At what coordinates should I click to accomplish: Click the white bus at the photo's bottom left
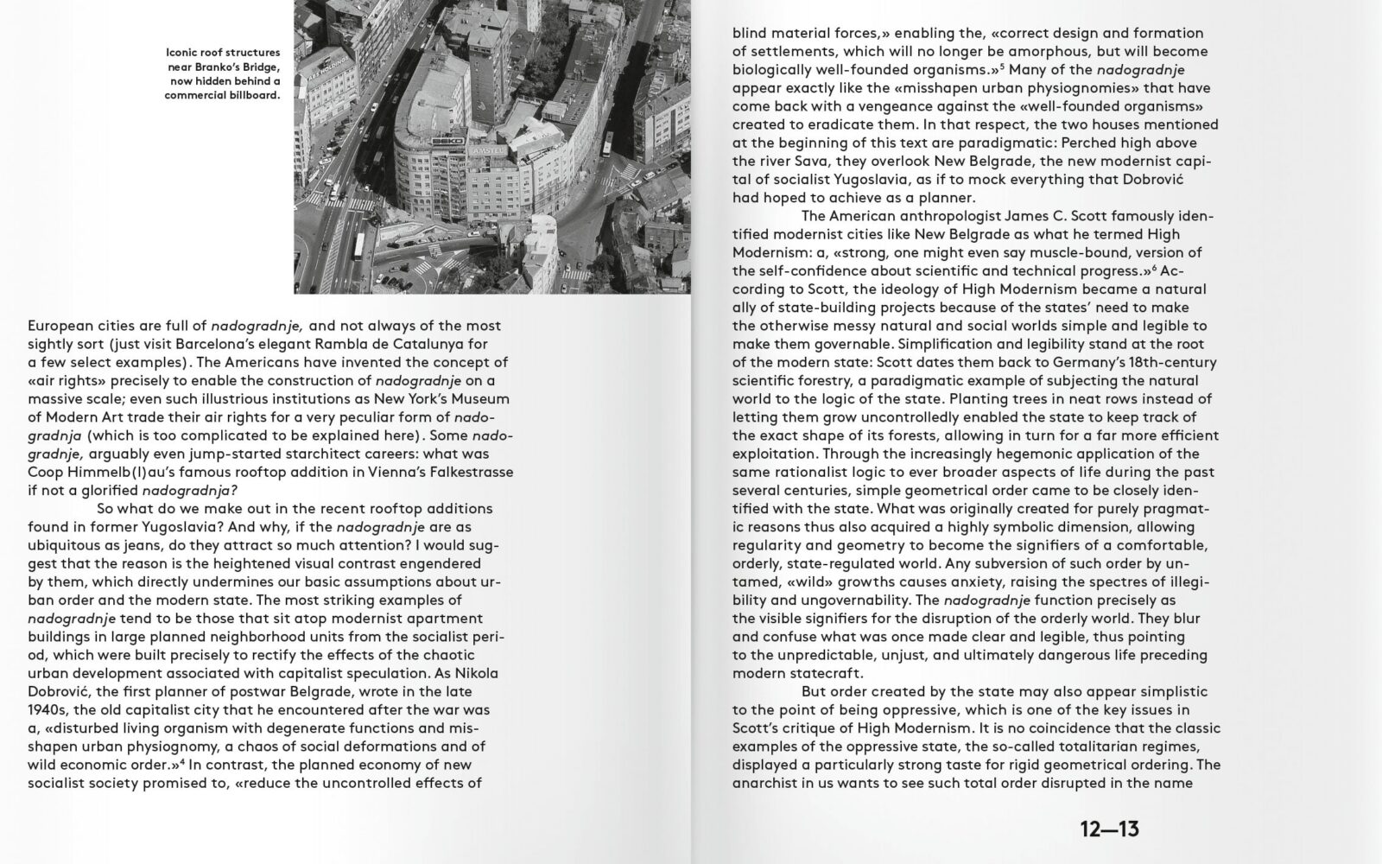point(359,246)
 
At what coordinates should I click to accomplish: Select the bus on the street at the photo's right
point(607,144)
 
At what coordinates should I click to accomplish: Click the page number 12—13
point(1109,830)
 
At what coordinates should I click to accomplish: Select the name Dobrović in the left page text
point(63,692)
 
